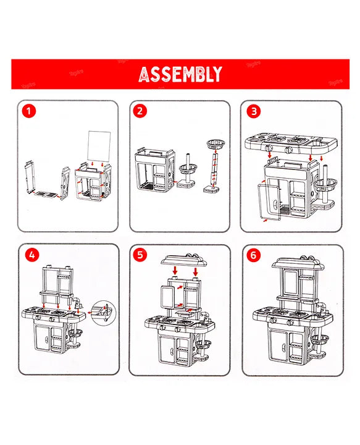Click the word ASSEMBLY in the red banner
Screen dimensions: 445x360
coord(180,75)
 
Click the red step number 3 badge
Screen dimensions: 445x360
coord(253,112)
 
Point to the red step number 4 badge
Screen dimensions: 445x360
coord(30,254)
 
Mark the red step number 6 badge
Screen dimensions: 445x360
coord(253,254)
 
